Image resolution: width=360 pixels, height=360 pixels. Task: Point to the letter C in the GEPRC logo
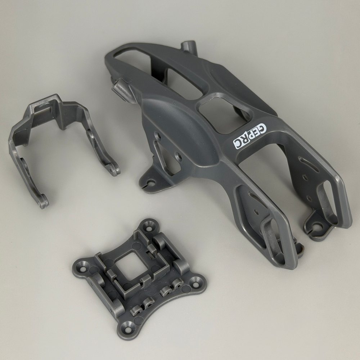tap(237, 144)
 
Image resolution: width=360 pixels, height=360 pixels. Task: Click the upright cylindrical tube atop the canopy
tap(189, 48)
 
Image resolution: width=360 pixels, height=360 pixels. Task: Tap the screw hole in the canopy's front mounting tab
tap(151, 183)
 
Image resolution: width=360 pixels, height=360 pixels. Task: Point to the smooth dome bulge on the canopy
tap(181, 129)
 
